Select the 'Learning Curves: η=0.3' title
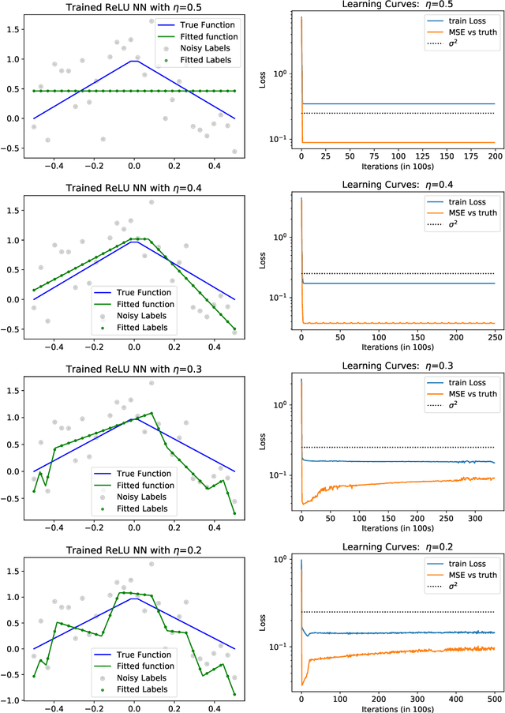[x=393, y=365]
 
